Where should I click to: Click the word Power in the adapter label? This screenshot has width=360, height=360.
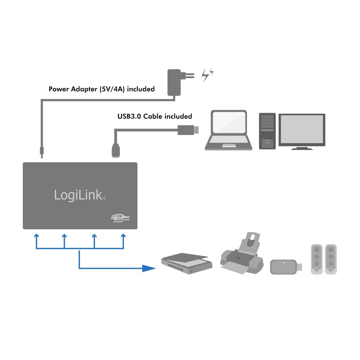pos(59,89)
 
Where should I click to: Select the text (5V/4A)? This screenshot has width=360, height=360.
pos(113,89)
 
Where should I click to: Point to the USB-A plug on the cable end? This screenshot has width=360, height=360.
pos(188,130)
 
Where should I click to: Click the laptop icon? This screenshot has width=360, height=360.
pos(229,130)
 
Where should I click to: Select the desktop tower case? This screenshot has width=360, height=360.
pos(267,131)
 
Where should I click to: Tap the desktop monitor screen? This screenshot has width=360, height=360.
pos(302,130)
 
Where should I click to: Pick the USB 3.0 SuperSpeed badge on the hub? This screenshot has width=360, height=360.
pos(120,218)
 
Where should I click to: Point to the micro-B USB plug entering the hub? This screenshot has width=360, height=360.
pos(115,150)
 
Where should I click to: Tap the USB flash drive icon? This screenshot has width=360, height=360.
pos(286,267)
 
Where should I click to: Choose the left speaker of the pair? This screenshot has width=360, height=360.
pos(316,259)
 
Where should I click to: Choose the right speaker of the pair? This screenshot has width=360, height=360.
pos(331,259)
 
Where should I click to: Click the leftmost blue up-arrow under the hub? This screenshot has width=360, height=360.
pos(36,237)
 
